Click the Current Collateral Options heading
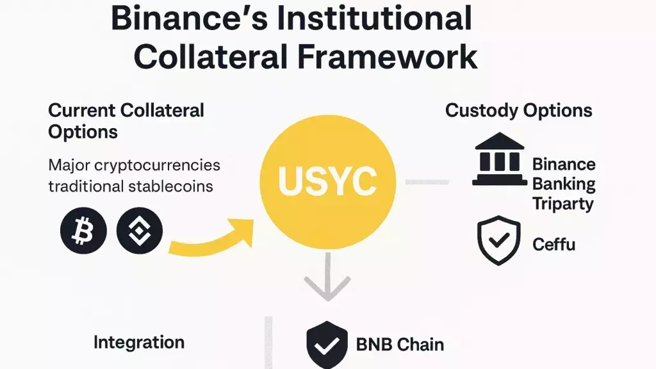tap(126, 120)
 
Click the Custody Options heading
tap(518, 110)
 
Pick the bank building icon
tap(500, 160)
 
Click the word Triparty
tap(563, 204)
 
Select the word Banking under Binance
tap(564, 184)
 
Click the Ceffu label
tap(554, 244)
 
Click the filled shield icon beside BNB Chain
tap(327, 344)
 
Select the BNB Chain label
tap(400, 345)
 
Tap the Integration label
tap(139, 342)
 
